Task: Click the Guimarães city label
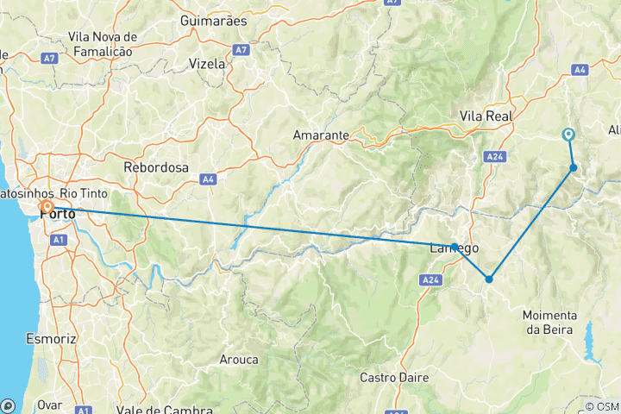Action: [x=214, y=20]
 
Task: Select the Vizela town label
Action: [x=207, y=64]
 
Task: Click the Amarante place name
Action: [x=320, y=135]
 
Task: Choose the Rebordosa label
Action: [x=156, y=167]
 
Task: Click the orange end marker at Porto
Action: [x=46, y=209]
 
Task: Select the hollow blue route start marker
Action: [x=568, y=135]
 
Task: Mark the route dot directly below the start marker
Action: [x=573, y=168]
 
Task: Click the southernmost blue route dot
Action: [x=489, y=279]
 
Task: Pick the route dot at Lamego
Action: [x=455, y=247]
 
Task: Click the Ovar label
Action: [x=50, y=404]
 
